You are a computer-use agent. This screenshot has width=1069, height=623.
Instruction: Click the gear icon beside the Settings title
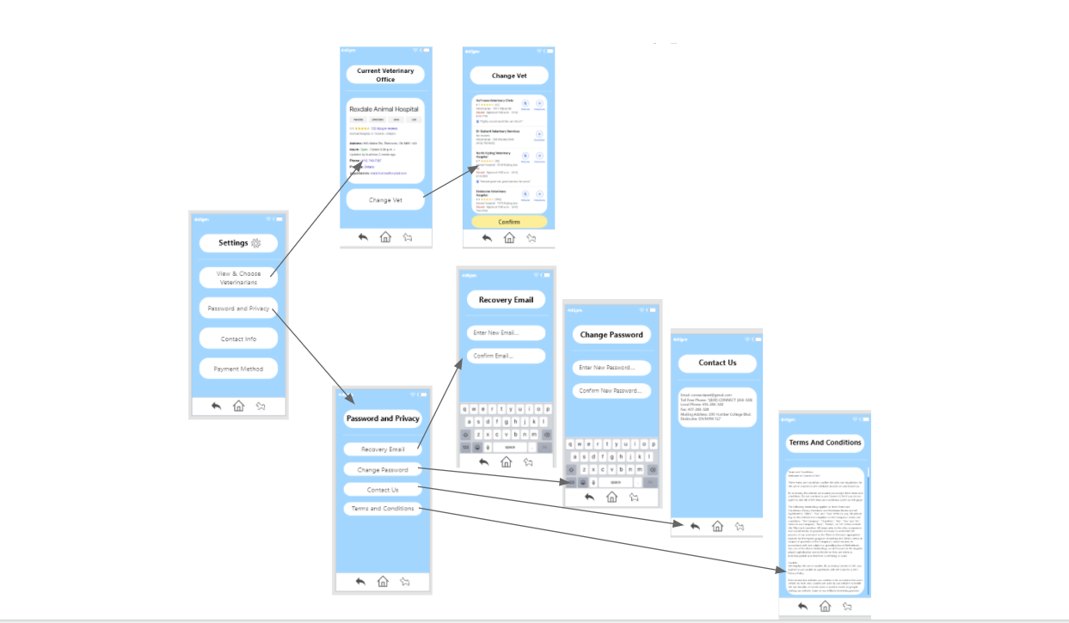255,243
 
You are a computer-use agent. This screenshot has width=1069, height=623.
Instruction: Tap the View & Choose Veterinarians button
238,278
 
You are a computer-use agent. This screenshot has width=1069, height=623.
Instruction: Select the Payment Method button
238,369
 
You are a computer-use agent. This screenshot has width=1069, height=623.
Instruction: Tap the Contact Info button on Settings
238,339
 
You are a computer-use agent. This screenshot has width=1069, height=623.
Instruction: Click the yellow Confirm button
509,222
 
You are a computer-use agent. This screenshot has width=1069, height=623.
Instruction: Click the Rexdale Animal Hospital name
384,109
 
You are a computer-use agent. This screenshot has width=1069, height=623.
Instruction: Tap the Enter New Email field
506,333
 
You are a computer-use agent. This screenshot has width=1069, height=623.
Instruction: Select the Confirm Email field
506,356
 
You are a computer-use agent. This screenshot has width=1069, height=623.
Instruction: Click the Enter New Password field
611,368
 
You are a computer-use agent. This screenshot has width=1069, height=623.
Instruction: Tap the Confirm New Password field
611,391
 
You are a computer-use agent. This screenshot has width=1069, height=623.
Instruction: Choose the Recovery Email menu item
383,449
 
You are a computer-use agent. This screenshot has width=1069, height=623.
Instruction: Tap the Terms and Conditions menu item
383,509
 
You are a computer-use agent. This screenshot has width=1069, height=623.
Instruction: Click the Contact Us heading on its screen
717,363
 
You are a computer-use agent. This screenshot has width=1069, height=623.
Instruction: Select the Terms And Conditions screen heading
824,443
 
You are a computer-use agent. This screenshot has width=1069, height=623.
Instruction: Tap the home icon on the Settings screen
238,406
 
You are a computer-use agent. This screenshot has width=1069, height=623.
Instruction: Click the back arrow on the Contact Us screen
695,526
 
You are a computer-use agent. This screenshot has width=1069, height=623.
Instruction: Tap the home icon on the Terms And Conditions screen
825,606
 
